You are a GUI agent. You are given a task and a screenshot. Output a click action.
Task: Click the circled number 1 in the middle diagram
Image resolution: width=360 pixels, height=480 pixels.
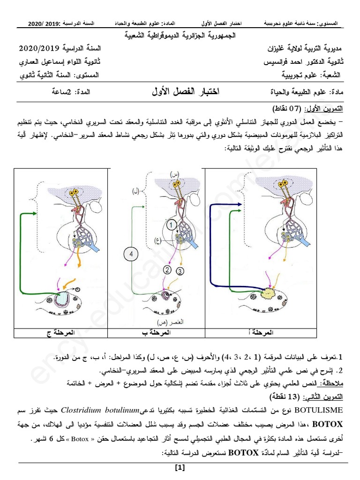(x=172, y=225)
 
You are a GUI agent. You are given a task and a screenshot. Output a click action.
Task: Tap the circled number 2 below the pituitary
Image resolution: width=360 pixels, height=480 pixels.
(x=167, y=270)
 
